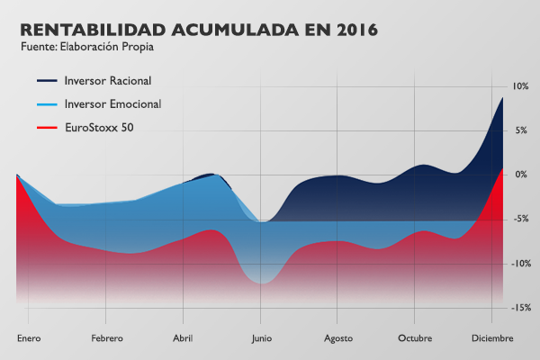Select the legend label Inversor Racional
109,81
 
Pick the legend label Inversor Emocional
112,104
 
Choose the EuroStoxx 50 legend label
99,128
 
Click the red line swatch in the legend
47,129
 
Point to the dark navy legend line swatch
47,82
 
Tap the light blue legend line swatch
47,105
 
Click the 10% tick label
519,86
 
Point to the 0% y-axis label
521,174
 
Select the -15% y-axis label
518,308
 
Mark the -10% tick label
518,264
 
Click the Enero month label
29,338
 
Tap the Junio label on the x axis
260,338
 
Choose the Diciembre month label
491,338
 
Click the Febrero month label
105,338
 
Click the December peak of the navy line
502,97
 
